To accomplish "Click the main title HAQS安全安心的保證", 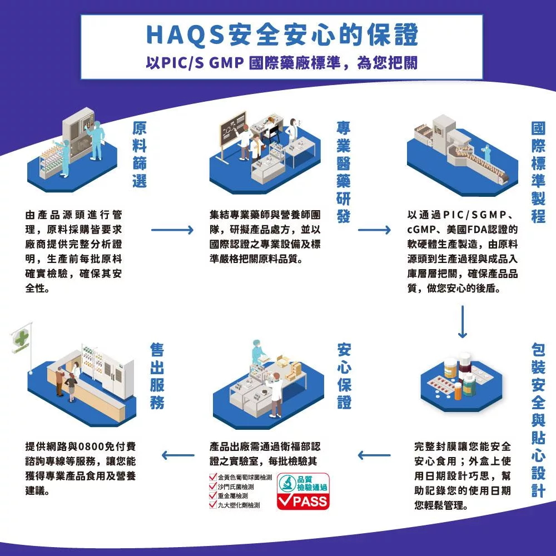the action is [282, 34].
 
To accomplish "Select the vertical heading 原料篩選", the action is [140, 154].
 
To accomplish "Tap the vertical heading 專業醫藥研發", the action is [343, 172].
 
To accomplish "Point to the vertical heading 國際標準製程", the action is [538, 172].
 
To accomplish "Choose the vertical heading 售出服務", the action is [157, 376].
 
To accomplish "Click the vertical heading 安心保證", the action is [344, 376].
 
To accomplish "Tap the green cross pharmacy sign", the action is [21, 338].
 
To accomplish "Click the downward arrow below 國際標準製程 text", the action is [463, 321].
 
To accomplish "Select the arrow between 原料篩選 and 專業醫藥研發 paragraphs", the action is [172, 230].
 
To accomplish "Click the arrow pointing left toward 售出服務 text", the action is [178, 455].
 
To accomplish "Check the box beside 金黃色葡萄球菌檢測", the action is [213, 477].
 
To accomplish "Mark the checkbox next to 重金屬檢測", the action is [213, 495].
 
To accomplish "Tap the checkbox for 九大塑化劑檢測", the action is [213, 505].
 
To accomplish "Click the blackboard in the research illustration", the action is [233, 129].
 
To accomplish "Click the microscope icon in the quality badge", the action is [287, 483].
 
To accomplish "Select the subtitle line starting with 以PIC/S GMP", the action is [282, 63].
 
